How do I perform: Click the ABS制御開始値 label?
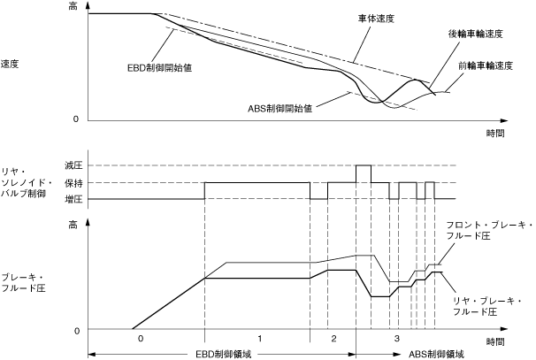click(280, 108)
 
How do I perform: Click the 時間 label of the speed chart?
click(496, 133)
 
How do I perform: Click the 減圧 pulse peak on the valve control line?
click(363, 165)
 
